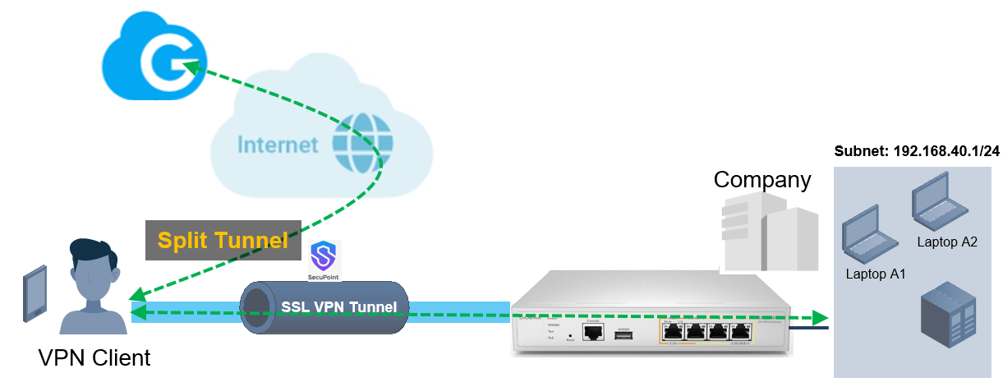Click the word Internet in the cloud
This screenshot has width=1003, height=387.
pos(278,145)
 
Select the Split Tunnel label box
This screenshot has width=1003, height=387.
pos(223,240)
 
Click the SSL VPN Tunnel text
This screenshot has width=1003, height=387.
pos(339,307)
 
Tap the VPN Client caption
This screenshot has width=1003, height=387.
pos(94,358)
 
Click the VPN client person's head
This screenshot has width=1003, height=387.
pos(90,264)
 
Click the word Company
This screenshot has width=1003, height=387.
pos(761,179)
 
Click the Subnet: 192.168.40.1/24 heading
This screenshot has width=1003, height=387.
pos(917,151)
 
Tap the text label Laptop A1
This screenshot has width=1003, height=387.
pos(875,274)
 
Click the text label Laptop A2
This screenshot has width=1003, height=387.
pos(947,242)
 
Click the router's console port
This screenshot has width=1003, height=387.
pos(592,331)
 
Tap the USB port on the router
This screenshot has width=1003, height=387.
pos(622,332)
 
